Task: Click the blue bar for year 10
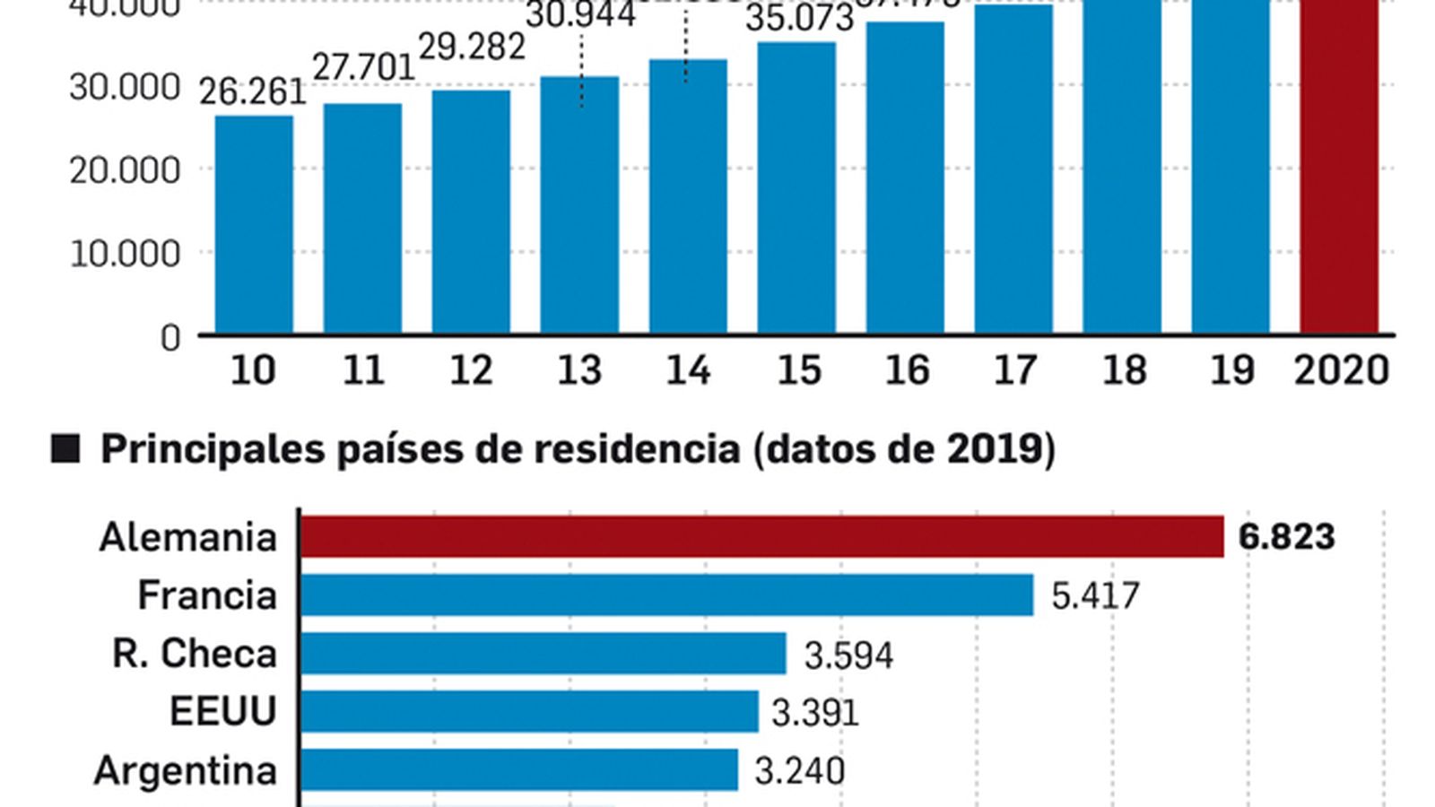point(254,224)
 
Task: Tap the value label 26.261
point(252,92)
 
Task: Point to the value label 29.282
point(472,47)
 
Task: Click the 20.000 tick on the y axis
point(125,169)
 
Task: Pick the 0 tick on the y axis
point(170,338)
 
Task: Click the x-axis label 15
point(798,370)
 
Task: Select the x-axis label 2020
point(1342,370)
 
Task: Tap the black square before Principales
point(65,448)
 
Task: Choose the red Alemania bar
point(761,536)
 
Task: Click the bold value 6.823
point(1286,537)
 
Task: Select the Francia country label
point(207,595)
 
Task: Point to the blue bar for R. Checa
point(543,653)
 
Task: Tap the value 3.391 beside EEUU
point(814,713)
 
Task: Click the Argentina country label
point(186,770)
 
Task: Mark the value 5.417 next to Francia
point(1094,596)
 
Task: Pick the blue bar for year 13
point(579,206)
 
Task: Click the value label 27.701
point(363,67)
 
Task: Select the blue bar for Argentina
point(518,770)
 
